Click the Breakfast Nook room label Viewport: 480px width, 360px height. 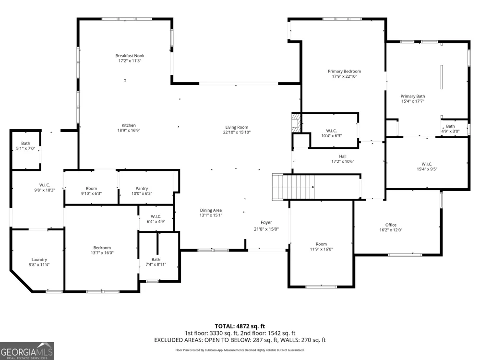130,56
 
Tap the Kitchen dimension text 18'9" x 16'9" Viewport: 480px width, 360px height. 129,131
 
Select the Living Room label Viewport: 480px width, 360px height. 237,127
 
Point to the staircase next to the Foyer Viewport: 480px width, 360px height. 293,187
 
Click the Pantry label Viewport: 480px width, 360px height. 142,189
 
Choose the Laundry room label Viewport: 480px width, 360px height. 39,260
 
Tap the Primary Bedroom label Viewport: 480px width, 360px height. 344,72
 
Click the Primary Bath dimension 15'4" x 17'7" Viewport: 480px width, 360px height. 413,101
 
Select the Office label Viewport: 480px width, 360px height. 391,225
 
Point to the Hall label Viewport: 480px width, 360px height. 343,156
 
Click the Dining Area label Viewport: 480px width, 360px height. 211,210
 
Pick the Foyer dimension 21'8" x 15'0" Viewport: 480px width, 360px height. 266,229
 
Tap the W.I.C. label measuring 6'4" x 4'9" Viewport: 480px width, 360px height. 156,217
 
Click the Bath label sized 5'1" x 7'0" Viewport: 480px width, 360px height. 26,143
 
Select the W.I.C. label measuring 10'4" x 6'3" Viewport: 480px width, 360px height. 331,131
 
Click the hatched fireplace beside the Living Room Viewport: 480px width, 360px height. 296,123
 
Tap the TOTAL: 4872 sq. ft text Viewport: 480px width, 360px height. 240,326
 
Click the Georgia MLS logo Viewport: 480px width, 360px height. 27,351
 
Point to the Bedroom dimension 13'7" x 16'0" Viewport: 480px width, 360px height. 102,253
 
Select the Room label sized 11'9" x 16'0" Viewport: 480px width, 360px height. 321,244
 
